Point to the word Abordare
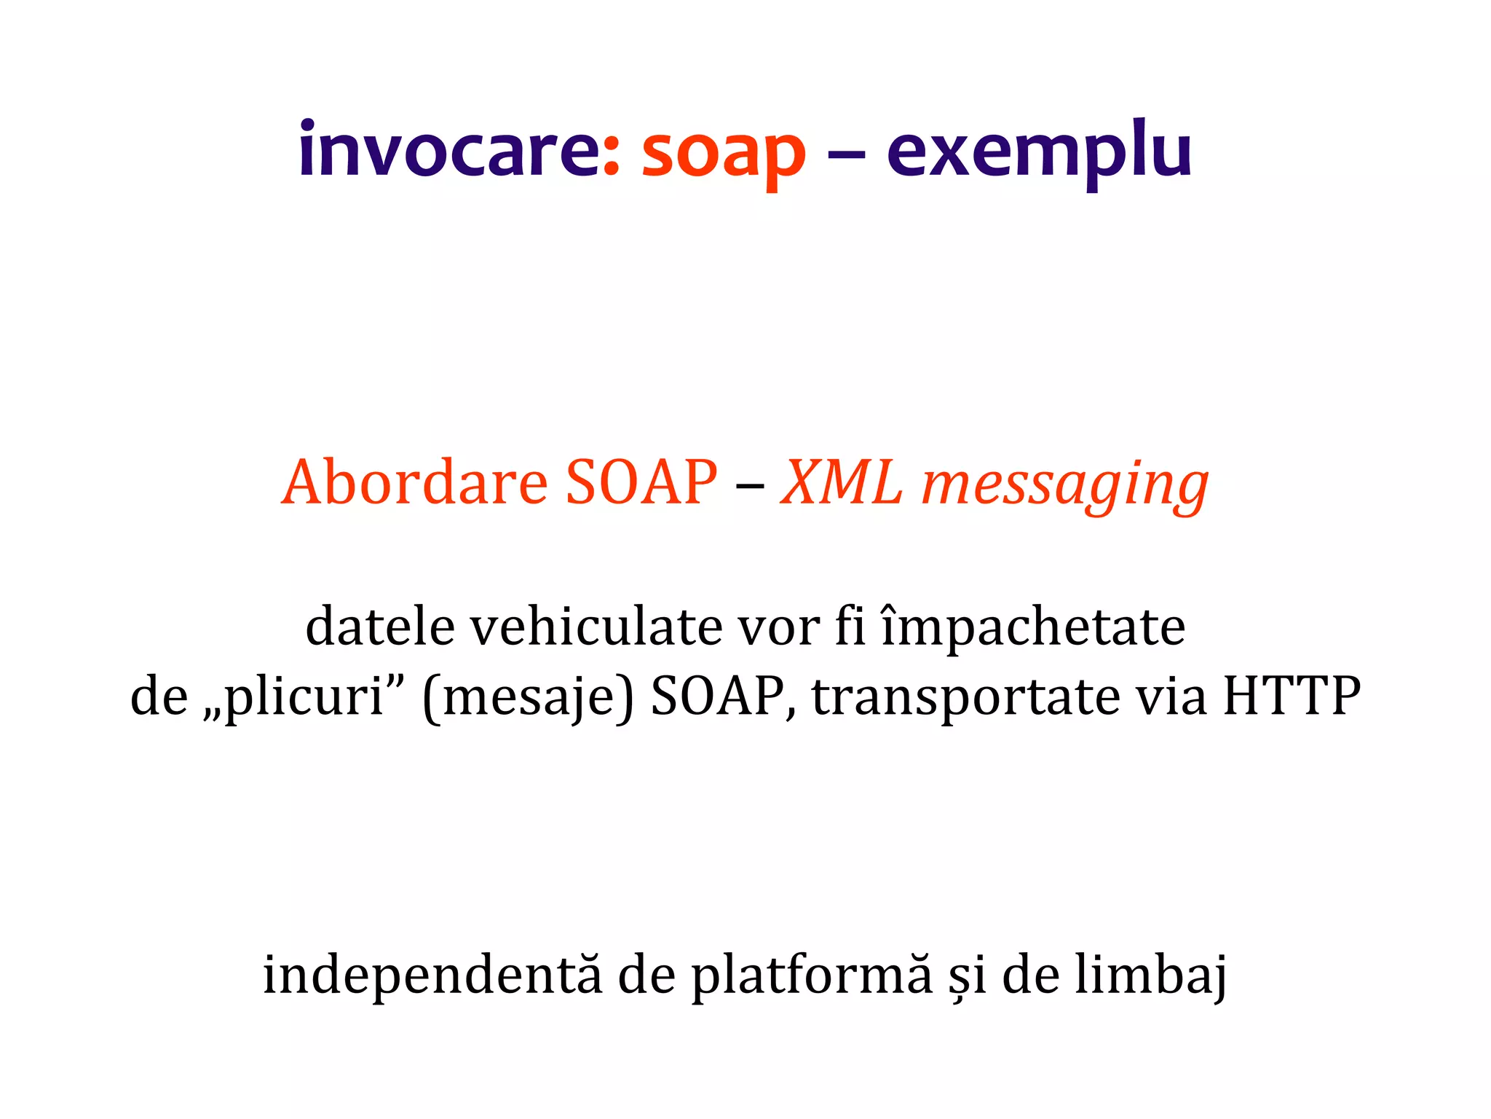pos(415,482)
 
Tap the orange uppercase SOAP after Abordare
pos(641,482)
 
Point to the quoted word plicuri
pos(304,698)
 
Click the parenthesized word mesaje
pos(529,698)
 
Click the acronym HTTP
pos(1291,696)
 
